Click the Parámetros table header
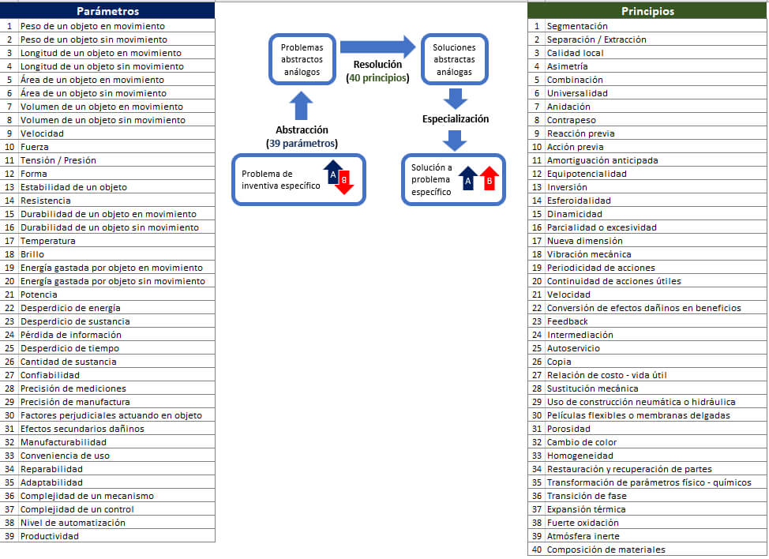click(x=107, y=11)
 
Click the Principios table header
click(x=647, y=11)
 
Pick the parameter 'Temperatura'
click(x=48, y=241)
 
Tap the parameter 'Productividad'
click(x=50, y=536)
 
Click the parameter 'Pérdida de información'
click(x=70, y=335)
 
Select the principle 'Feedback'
click(x=568, y=321)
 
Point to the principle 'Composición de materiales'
click(x=606, y=550)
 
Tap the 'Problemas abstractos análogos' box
click(x=302, y=59)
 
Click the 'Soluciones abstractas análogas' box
click(x=454, y=59)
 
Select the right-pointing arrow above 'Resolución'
click(x=377, y=47)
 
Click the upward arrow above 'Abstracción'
click(x=301, y=106)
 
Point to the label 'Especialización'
click(x=456, y=118)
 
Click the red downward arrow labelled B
click(x=344, y=182)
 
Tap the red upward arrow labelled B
click(x=489, y=178)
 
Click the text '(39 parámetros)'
click(x=302, y=143)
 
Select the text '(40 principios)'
click(x=377, y=77)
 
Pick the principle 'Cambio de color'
click(x=582, y=442)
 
